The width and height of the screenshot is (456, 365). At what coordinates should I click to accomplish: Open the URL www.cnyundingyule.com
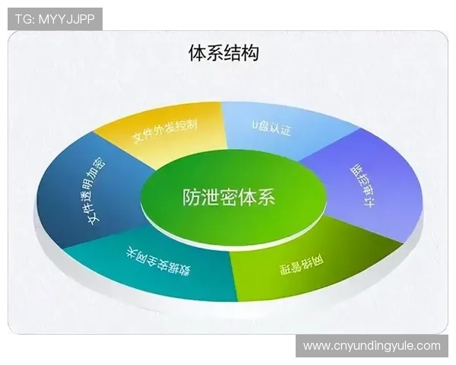[372, 346]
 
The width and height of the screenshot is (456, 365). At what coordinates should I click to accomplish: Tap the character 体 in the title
[197, 53]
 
